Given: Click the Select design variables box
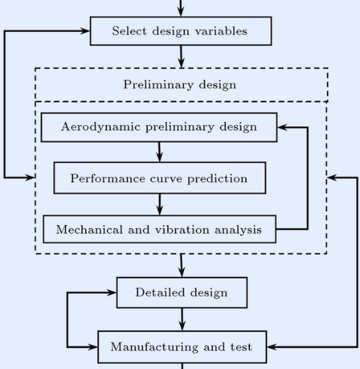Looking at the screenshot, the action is pyautogui.click(x=181, y=31).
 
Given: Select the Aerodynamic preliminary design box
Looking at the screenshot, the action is pyautogui.click(x=159, y=127).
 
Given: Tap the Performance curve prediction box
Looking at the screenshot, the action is pyautogui.click(x=160, y=178).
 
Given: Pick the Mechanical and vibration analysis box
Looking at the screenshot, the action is pyautogui.click(x=160, y=229).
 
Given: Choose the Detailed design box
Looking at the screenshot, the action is pyautogui.click(x=182, y=292).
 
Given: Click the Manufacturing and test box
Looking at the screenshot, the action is pyautogui.click(x=182, y=347).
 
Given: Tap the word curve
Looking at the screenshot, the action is pyautogui.click(x=166, y=179).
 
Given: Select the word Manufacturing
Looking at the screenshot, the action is pyautogui.click(x=155, y=347).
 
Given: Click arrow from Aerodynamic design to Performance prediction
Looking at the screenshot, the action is pyautogui.click(x=160, y=152).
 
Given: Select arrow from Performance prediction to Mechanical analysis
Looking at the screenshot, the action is pyautogui.click(x=160, y=204).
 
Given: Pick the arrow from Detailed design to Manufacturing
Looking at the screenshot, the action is pyautogui.click(x=182, y=319).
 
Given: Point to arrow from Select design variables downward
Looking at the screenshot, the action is pyautogui.click(x=181, y=57).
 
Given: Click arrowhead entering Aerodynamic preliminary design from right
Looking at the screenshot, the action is pyautogui.click(x=283, y=127).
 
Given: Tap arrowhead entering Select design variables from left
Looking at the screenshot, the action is pyautogui.click(x=84, y=31).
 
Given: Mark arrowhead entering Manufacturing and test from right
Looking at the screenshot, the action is pyautogui.click(x=272, y=347).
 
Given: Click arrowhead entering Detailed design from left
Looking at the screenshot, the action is pyautogui.click(x=111, y=292).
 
